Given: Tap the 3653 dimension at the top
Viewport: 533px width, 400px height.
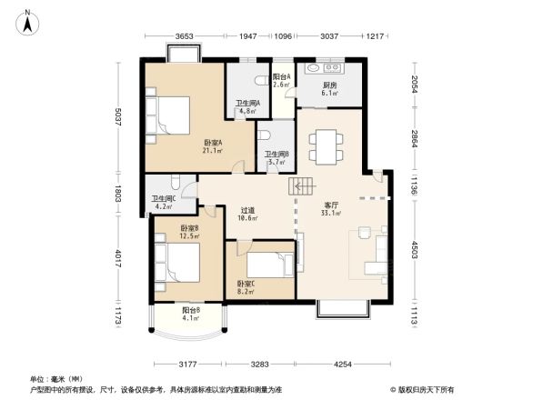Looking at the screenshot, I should click(x=186, y=37).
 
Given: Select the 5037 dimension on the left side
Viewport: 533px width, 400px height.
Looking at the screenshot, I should click(x=119, y=119).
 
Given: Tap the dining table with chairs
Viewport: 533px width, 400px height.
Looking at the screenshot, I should click(x=324, y=145).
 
